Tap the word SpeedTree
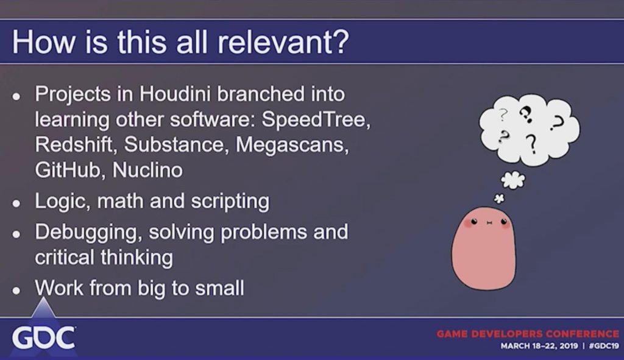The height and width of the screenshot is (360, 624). point(314,119)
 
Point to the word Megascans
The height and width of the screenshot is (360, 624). point(292,145)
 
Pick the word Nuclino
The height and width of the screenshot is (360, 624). point(147,170)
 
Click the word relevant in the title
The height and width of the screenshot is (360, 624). point(277,41)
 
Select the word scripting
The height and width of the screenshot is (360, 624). point(230,202)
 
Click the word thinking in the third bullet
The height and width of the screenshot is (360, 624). point(137,258)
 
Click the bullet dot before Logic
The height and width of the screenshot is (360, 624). point(16,203)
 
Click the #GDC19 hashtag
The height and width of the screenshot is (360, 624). point(604,345)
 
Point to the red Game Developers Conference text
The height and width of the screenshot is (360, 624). point(528,333)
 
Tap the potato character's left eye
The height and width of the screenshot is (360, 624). point(474,222)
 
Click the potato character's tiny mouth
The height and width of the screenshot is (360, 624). point(489,223)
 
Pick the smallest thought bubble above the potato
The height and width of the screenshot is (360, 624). point(499,198)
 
